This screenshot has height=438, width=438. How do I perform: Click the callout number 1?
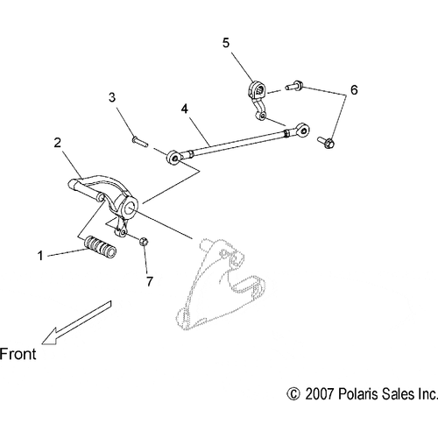point(40,256)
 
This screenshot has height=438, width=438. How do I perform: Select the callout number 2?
point(58,143)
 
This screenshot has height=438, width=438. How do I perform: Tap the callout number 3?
point(112,97)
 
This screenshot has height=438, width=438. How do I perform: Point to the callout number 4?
point(185,109)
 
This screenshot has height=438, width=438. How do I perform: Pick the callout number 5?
point(226,43)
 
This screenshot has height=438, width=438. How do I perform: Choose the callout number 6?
point(354,90)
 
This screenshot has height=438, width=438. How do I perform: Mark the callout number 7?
point(150,281)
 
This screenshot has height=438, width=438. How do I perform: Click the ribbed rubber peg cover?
point(100,247)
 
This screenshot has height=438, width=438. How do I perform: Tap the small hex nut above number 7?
point(144,242)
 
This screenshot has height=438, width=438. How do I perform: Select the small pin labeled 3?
point(140,141)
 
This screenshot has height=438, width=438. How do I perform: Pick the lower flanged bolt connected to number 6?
point(326,142)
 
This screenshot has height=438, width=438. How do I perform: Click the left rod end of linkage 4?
point(174,158)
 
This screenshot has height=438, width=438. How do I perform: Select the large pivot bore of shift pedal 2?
point(130,207)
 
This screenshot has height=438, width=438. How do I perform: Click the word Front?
point(18,354)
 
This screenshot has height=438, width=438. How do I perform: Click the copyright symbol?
point(293,393)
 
